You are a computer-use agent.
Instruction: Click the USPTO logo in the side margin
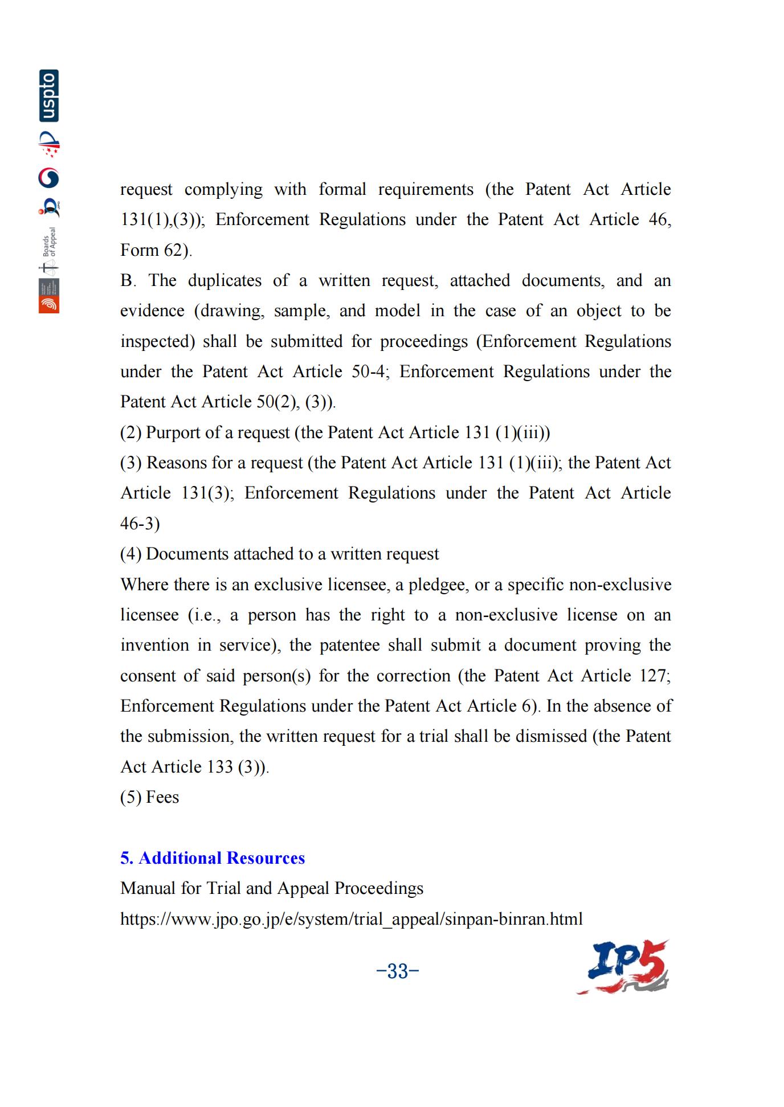click(x=49, y=96)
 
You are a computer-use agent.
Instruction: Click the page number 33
click(x=398, y=971)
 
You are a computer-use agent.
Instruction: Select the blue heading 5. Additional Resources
click(x=213, y=858)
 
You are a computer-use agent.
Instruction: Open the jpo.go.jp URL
click(x=351, y=918)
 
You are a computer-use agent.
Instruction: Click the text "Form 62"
click(x=155, y=250)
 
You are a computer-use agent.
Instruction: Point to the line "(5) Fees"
click(x=149, y=797)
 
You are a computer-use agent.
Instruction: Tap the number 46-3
click(x=140, y=524)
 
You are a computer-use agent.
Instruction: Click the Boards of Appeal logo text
click(x=50, y=243)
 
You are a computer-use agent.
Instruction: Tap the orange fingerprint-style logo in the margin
click(x=49, y=304)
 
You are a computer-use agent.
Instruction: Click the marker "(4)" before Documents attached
click(x=130, y=554)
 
